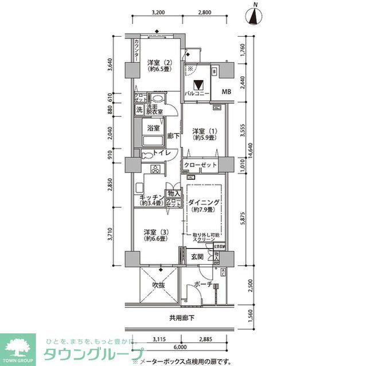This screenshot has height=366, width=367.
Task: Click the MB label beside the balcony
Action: point(227,92)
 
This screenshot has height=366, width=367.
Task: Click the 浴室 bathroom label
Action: point(153,128)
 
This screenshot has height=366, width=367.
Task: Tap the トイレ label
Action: point(161,154)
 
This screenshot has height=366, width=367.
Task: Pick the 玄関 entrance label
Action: point(198,257)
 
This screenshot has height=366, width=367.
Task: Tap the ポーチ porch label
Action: point(204,285)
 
